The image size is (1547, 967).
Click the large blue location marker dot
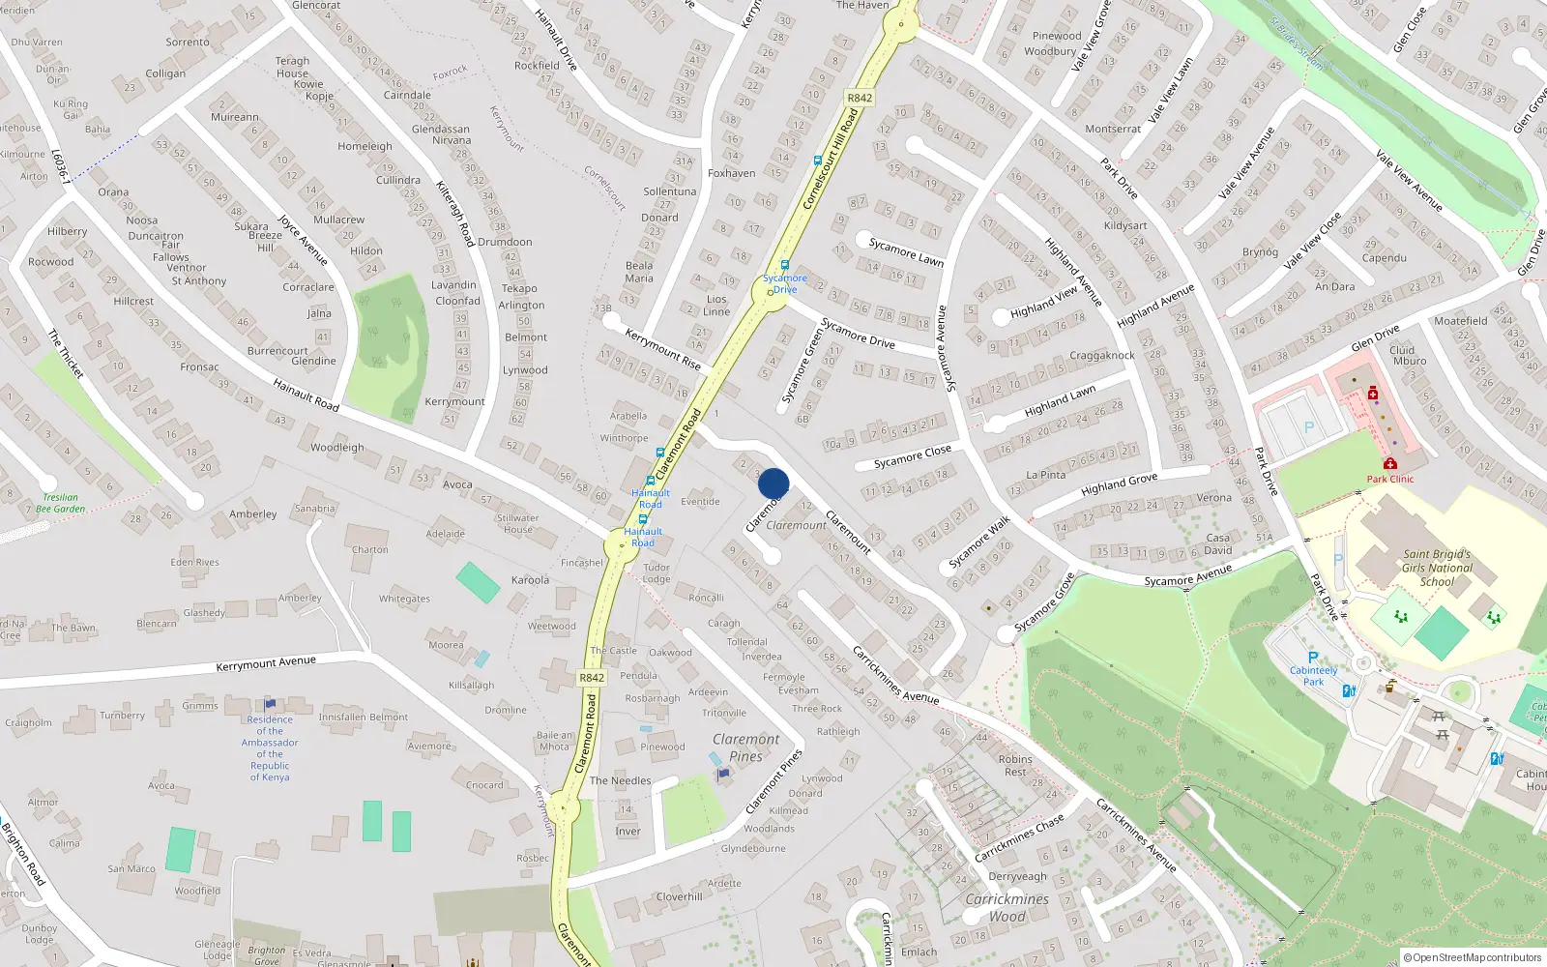point(773,483)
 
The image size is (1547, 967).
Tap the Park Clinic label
point(1389,479)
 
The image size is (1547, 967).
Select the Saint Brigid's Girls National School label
point(1437,568)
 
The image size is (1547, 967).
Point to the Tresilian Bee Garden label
point(60,503)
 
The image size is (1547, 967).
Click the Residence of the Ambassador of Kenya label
point(270,747)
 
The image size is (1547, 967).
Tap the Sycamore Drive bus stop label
point(785,283)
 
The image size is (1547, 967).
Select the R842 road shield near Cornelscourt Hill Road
point(859,98)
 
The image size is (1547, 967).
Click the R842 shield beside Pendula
point(592,678)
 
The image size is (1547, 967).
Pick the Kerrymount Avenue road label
point(266,663)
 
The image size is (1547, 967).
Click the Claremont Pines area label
point(745,747)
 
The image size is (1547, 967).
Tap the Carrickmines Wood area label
point(1007,907)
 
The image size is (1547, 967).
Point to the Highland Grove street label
point(1119,483)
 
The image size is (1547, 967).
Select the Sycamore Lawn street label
point(906,251)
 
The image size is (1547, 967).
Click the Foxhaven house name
point(731,173)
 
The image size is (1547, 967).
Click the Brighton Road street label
point(23,853)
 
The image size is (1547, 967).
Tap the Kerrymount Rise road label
point(662,349)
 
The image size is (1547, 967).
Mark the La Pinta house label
point(1045,475)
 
